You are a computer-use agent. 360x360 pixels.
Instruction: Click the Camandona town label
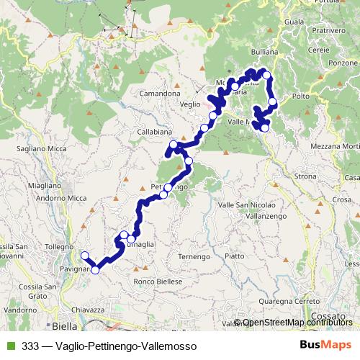coord(160,94)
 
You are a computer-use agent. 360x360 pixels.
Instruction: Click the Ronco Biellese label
coord(158,282)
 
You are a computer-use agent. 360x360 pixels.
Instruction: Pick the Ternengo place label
coord(193,256)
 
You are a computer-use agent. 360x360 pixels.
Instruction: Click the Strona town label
coord(305,176)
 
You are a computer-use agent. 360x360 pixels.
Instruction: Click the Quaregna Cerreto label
coord(290,301)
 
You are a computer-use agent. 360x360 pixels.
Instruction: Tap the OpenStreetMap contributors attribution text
coord(297,323)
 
